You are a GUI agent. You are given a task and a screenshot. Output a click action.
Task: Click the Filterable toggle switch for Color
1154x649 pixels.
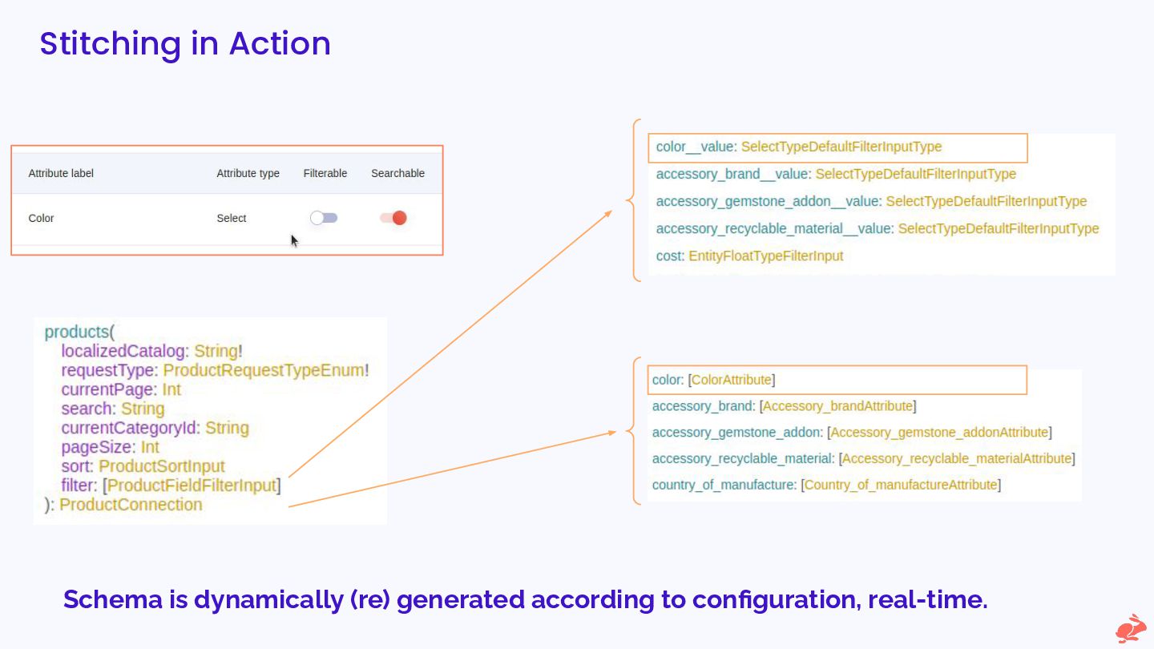point(324,218)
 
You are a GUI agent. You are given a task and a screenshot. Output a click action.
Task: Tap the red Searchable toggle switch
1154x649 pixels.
point(393,218)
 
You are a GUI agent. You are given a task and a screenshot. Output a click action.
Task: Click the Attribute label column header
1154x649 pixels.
point(61,173)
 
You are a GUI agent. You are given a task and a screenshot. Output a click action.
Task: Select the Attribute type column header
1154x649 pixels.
point(248,173)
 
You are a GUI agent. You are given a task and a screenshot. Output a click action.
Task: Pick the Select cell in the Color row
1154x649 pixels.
point(232,218)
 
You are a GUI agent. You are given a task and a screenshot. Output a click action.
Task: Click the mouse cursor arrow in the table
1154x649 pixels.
point(294,240)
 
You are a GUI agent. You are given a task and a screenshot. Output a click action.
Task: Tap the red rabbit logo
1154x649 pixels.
point(1131,628)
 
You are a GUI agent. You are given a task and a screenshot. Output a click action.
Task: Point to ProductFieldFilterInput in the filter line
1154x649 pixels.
point(192,486)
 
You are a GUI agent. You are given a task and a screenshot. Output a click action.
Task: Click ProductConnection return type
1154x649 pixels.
point(131,505)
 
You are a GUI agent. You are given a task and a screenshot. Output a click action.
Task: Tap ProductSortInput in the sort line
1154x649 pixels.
point(162,466)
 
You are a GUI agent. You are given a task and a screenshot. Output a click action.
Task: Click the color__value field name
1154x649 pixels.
point(694,147)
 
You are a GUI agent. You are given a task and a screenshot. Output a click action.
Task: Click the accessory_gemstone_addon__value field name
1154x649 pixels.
point(767,201)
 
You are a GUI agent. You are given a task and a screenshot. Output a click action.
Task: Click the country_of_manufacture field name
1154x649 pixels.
point(722,485)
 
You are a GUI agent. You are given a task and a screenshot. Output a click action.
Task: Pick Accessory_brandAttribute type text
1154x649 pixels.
point(837,406)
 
